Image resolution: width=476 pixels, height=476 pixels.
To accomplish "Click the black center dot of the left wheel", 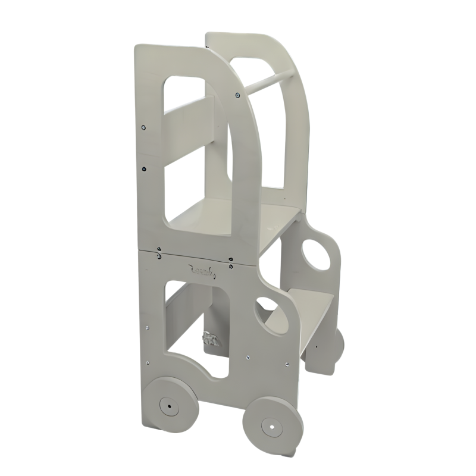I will [169, 406].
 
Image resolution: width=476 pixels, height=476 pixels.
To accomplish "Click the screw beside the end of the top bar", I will [238, 94].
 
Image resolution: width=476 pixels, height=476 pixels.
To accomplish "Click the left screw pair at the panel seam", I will [159, 252].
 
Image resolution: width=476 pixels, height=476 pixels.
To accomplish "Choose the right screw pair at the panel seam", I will [230, 259].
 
